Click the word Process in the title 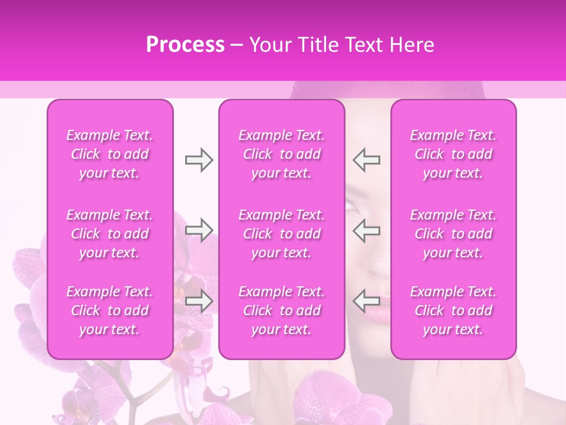[x=185, y=45]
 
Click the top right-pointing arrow [x=199, y=160]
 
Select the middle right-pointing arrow [x=199, y=230]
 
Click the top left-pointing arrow [x=367, y=160]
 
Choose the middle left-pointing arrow [x=367, y=230]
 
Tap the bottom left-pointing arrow [x=367, y=301]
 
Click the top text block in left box [x=110, y=154]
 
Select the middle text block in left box [x=110, y=234]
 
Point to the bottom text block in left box [x=110, y=310]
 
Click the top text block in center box [x=282, y=154]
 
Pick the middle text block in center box [x=282, y=234]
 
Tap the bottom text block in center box [x=282, y=310]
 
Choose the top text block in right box [x=453, y=154]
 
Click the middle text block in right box [x=453, y=234]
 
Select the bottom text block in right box [x=453, y=310]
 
